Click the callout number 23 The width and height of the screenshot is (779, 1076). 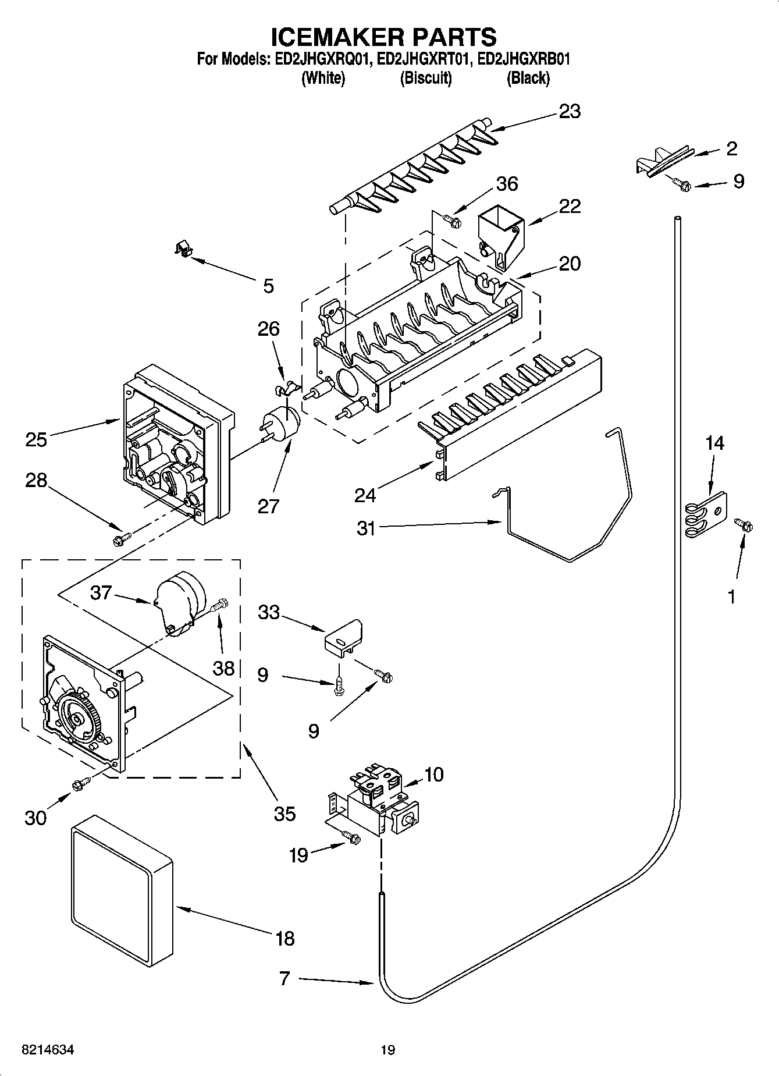point(569,111)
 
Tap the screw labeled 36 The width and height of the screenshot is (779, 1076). point(451,221)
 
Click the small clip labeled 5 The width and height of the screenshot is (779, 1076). point(184,250)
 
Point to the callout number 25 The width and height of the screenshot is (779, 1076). point(36,439)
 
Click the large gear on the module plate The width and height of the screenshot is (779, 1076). point(76,718)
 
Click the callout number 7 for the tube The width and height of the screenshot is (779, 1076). point(284,978)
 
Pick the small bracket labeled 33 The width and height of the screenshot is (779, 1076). point(343,639)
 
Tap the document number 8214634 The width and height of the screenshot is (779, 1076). point(48,1050)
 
